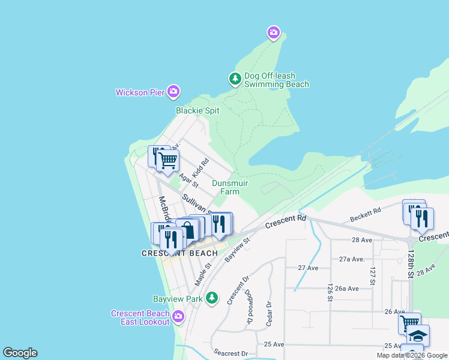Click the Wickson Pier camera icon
tap(173, 92)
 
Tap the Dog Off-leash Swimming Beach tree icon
tap(235, 79)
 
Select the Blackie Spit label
tap(197, 110)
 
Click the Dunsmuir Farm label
tap(230, 187)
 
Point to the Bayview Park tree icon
tap(211, 298)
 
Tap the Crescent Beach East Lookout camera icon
tap(178, 316)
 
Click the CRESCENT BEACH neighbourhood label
tap(179, 253)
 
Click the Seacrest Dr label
tap(231, 353)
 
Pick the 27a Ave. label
tap(352, 259)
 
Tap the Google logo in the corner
tap(20, 353)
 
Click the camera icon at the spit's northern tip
tap(274, 32)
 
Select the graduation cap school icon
tap(418, 335)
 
